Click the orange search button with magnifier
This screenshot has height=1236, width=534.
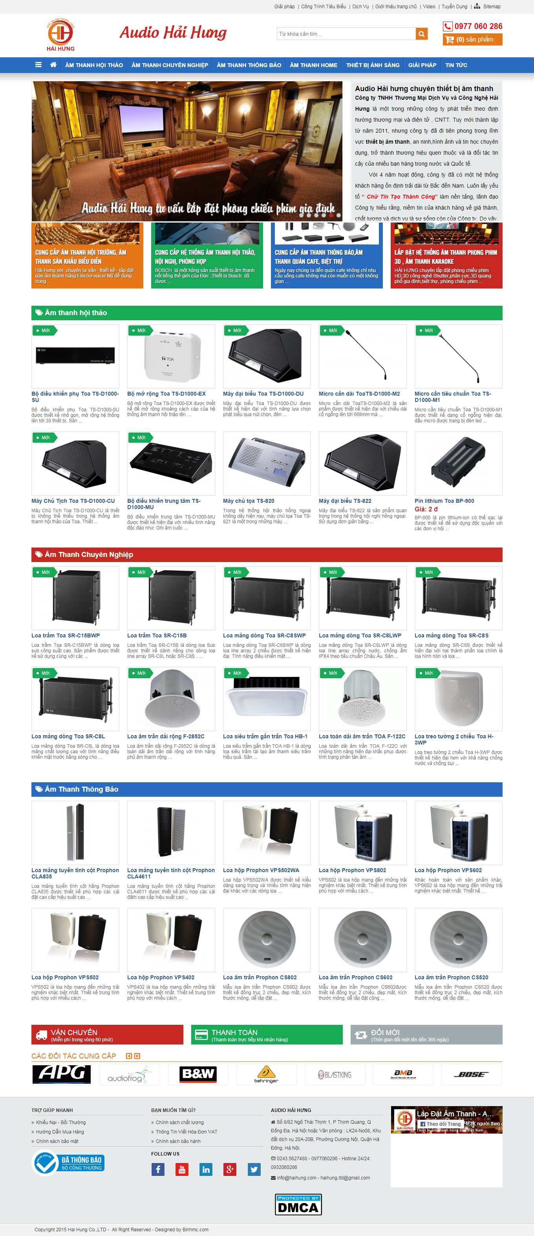click(x=422, y=34)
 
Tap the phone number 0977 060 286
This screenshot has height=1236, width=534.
click(x=478, y=26)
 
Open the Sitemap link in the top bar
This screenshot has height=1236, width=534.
click(x=491, y=7)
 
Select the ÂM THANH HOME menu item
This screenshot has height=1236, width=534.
click(x=313, y=65)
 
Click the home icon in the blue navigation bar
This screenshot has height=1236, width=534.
click(x=53, y=65)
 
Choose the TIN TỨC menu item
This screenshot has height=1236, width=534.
click(x=456, y=65)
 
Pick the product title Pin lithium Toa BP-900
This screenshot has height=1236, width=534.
click(x=444, y=501)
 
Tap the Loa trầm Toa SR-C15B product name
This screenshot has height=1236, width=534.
click(x=157, y=636)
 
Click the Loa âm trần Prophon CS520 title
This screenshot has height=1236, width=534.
click(x=452, y=977)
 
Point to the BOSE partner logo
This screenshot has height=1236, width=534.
click(x=471, y=1074)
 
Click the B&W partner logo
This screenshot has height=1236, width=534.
click(x=198, y=1074)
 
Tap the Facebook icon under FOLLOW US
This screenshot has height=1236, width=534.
click(x=158, y=1169)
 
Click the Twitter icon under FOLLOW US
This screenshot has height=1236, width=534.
click(x=254, y=1169)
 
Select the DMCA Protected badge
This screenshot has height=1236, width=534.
click(x=298, y=1204)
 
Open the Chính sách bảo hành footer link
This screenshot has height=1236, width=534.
click(x=178, y=1141)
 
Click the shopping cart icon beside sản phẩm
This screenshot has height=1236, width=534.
click(x=449, y=39)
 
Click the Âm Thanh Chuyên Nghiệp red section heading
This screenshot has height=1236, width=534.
click(x=89, y=555)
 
